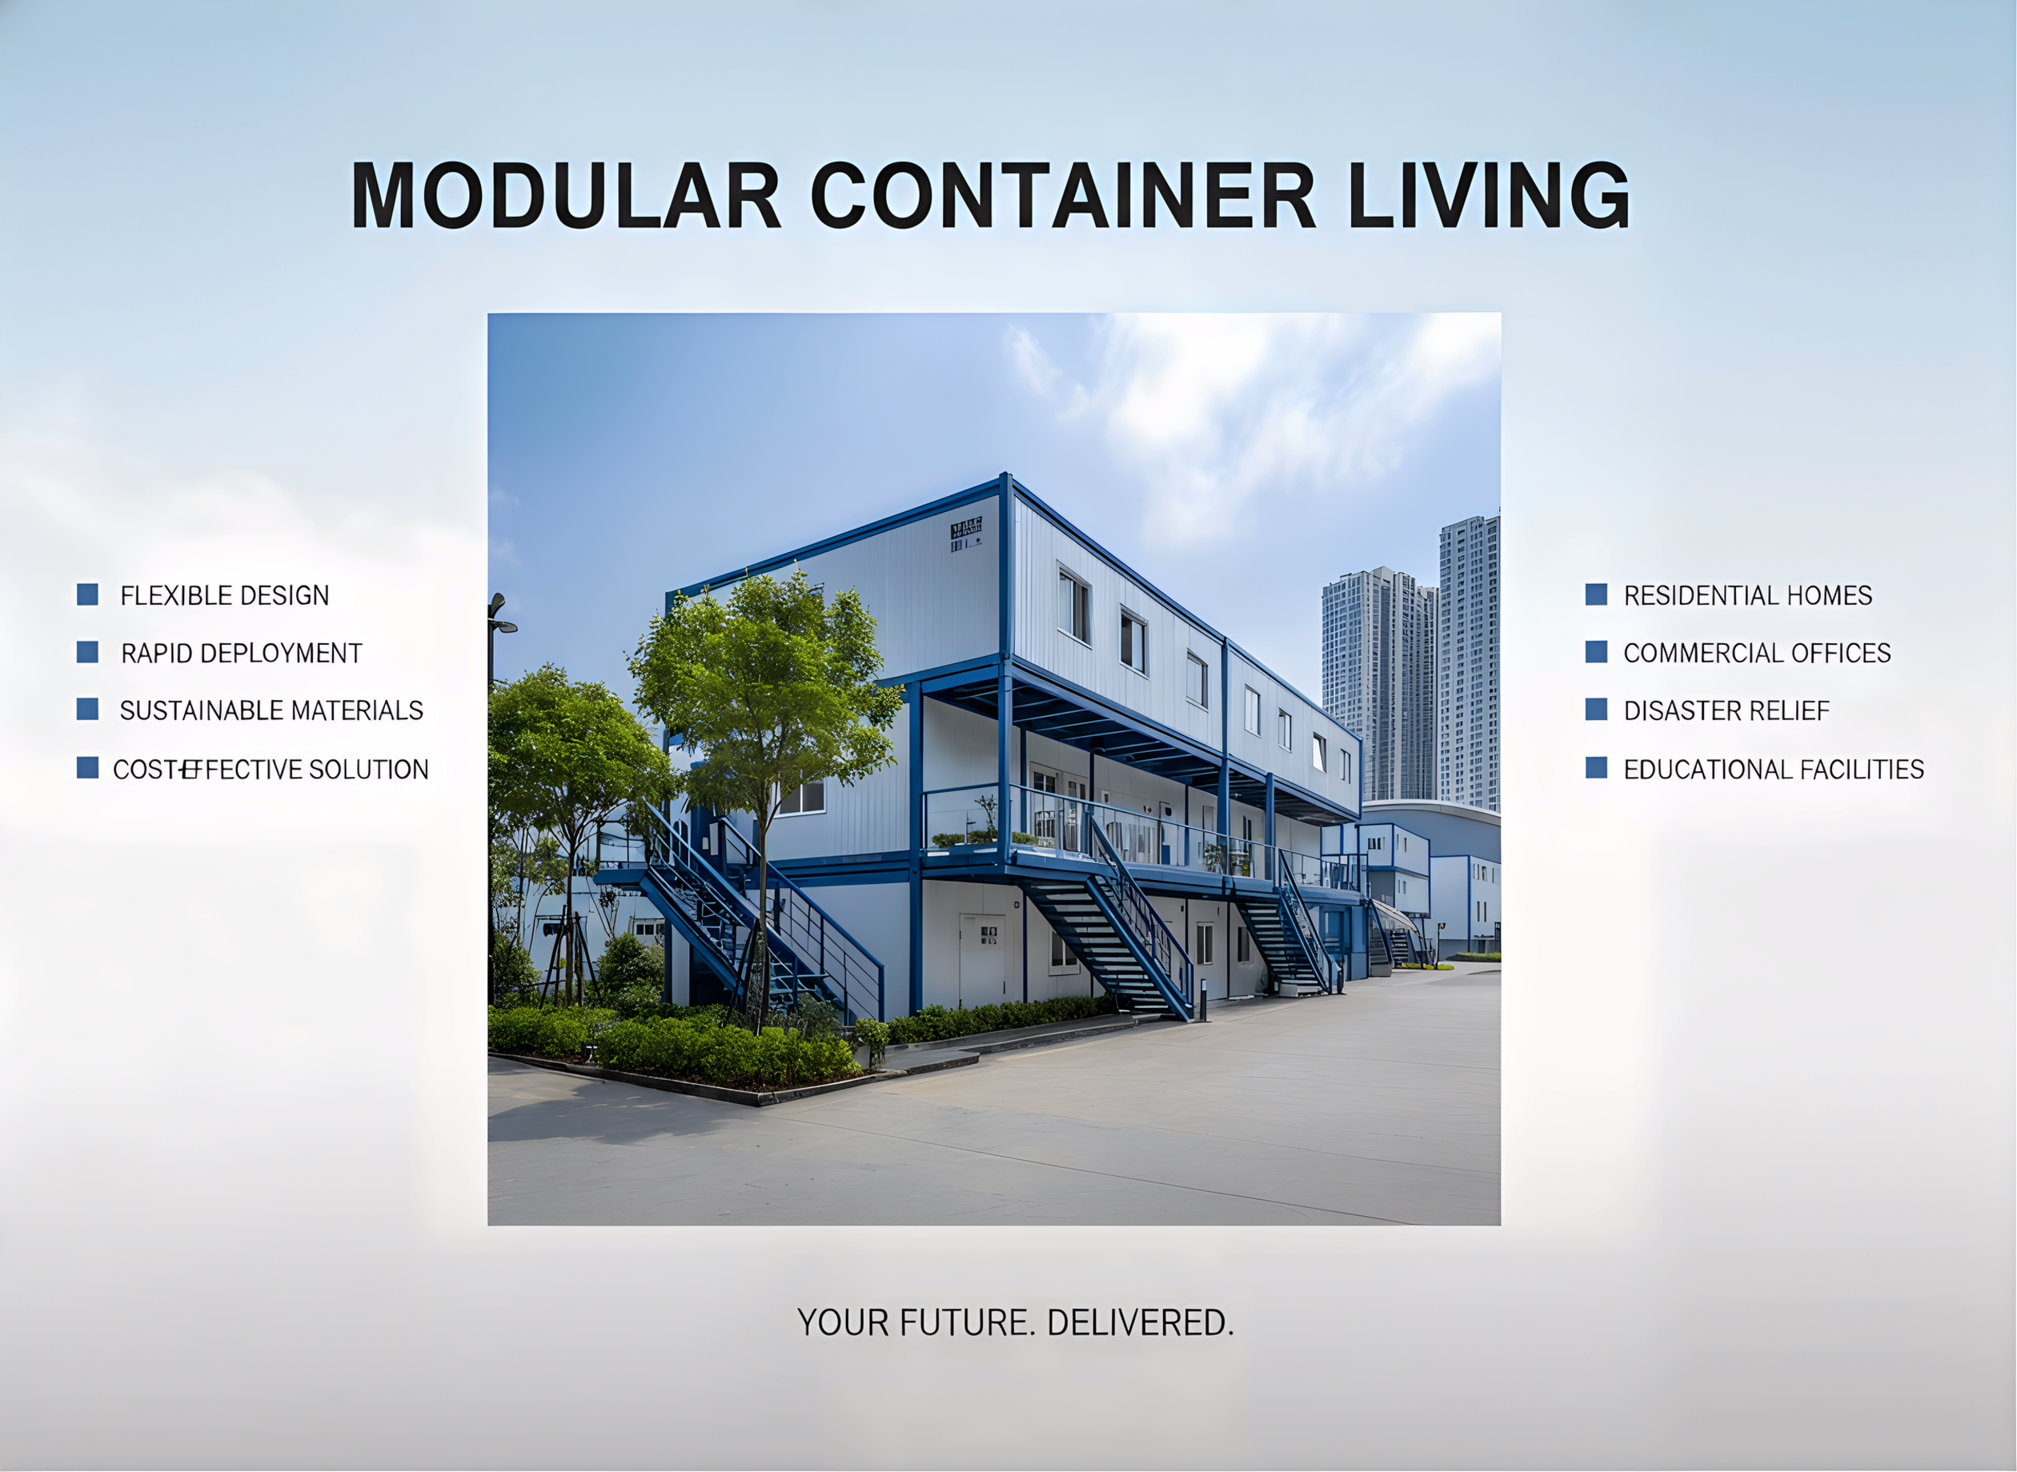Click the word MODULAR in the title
click(x=565, y=195)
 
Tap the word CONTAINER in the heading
click(x=1062, y=195)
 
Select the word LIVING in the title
click(x=1489, y=195)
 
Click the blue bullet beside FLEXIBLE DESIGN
click(x=87, y=594)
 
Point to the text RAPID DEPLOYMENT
click(x=242, y=653)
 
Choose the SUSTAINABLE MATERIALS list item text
click(x=272, y=710)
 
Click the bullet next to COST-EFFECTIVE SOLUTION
click(x=87, y=768)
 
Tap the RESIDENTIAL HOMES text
click(x=1748, y=595)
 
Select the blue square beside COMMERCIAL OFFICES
click(x=1596, y=652)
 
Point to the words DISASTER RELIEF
click(x=1726, y=710)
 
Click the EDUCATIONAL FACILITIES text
click(x=1774, y=769)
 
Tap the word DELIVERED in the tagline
click(x=1141, y=1323)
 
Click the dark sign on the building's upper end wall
click(x=966, y=534)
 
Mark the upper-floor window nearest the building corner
click(x=1074, y=606)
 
